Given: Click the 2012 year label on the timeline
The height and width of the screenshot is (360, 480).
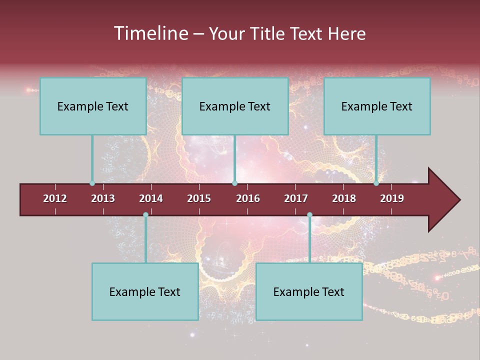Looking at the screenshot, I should [55, 198].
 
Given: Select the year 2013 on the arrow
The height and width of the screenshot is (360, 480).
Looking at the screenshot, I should [103, 198].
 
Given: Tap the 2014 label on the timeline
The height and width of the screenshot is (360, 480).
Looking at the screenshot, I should [151, 198].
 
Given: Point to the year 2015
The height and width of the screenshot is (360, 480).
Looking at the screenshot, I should [199, 198].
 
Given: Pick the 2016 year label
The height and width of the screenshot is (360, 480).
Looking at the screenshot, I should [248, 198].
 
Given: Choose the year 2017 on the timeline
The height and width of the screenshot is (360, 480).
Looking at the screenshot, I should [296, 198].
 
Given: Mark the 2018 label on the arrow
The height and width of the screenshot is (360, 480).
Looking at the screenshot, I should [344, 198].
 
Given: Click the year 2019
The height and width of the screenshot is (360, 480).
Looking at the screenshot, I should [392, 198].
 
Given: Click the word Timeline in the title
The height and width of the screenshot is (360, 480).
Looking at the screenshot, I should [150, 33].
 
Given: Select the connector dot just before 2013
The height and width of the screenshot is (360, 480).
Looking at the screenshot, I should [92, 183].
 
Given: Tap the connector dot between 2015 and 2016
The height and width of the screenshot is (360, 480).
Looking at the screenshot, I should [234, 183].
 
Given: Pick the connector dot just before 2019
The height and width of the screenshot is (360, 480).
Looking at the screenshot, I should [376, 183].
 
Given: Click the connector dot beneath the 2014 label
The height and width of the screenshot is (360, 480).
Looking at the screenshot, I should [145, 215].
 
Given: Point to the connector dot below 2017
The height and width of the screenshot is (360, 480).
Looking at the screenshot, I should [309, 215].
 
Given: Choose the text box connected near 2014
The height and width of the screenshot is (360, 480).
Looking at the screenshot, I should [145, 291].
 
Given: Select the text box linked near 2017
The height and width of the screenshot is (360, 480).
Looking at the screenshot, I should [309, 291].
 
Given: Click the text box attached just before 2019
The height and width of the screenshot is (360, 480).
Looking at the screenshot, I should [377, 106].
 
